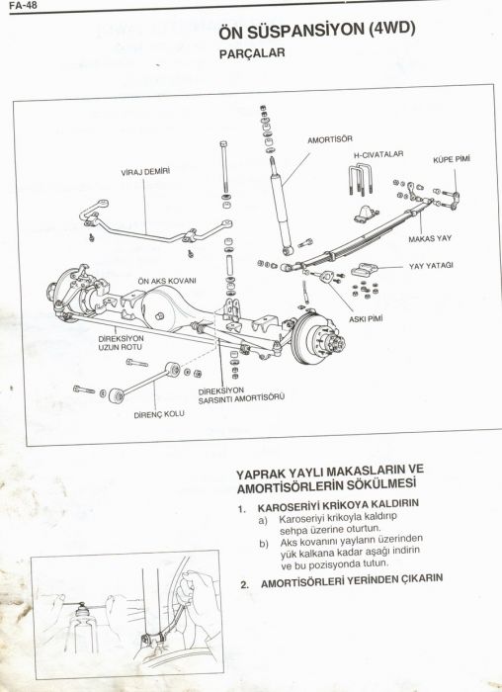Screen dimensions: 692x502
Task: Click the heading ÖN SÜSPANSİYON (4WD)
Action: point(315,31)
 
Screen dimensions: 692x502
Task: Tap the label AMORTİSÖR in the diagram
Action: point(329,140)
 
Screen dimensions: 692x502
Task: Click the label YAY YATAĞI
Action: point(431,266)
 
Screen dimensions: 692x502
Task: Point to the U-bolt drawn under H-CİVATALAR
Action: point(359,182)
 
